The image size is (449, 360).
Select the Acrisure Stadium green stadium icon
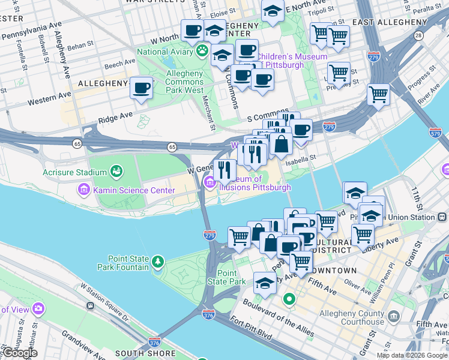coord(116,172)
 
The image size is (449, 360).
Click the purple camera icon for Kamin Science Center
coord(82,191)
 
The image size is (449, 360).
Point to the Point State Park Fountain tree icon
coord(157,262)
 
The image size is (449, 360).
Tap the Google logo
coord(19,353)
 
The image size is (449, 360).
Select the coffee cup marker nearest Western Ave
coord(142,88)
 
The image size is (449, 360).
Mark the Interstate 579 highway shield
coord(435,131)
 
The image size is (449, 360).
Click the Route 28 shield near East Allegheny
coord(418,35)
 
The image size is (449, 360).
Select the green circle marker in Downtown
coord(289,298)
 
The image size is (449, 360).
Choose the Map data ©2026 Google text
coord(412,355)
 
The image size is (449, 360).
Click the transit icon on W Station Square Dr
coord(90,305)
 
